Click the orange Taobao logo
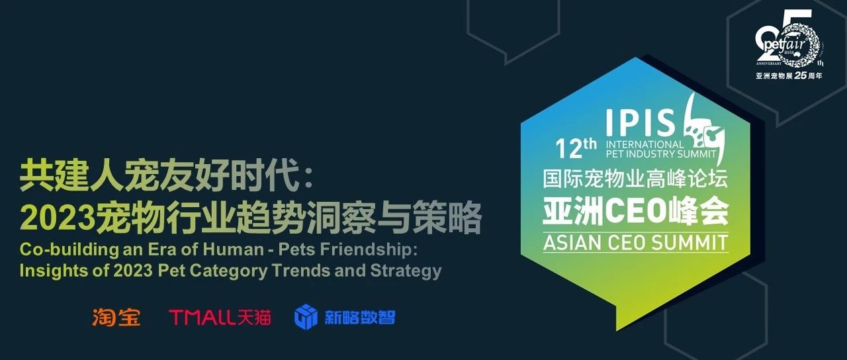(x=116, y=317)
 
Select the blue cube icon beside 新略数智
(x=306, y=317)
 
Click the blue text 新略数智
(x=359, y=317)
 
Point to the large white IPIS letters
(x=641, y=122)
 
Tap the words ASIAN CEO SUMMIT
(x=636, y=242)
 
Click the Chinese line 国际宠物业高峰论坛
(x=636, y=179)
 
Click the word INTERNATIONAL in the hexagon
(x=645, y=144)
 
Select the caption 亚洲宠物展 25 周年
(x=789, y=75)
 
